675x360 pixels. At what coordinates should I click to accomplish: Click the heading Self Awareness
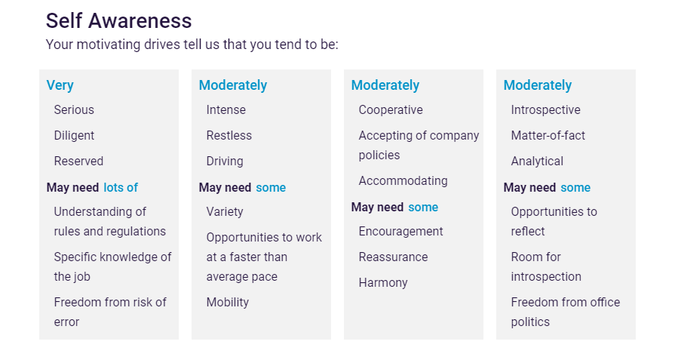click(x=118, y=20)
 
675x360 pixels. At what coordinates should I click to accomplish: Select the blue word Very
click(x=60, y=85)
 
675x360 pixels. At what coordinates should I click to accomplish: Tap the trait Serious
click(x=74, y=109)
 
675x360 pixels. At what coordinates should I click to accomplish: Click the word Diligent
click(x=74, y=136)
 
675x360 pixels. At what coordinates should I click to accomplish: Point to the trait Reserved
click(x=78, y=161)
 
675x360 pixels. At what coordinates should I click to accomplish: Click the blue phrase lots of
click(x=121, y=187)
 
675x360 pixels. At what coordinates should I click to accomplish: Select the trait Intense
click(x=226, y=109)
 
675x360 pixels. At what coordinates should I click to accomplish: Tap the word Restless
click(x=229, y=136)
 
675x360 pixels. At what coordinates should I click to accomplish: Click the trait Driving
click(x=225, y=162)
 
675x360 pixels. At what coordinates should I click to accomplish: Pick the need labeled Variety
click(x=225, y=212)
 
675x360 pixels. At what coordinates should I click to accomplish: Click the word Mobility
click(x=228, y=303)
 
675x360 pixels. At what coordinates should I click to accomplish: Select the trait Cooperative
click(x=391, y=110)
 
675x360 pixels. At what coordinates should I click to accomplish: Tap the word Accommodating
click(x=403, y=181)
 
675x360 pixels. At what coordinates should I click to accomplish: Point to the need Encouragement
click(x=400, y=232)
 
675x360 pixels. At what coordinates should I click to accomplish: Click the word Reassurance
click(x=394, y=257)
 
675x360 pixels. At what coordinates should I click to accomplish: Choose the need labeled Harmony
click(x=383, y=283)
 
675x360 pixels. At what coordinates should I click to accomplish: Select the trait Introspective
click(x=546, y=110)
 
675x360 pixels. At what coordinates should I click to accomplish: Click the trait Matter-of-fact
click(x=548, y=136)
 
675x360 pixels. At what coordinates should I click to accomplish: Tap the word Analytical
click(x=537, y=162)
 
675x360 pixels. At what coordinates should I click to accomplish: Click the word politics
click(x=530, y=322)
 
